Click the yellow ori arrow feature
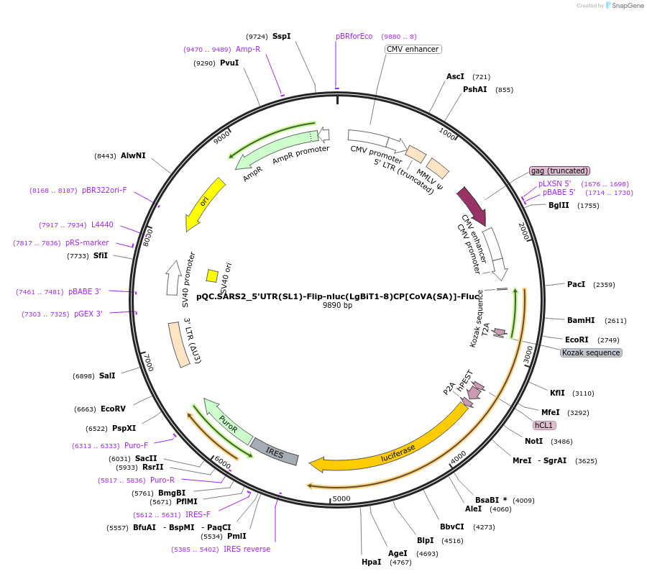(x=204, y=205)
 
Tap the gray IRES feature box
(x=274, y=450)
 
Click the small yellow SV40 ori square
(x=212, y=275)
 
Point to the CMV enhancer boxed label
(x=413, y=50)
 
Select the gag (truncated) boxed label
(x=559, y=170)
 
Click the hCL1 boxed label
(x=543, y=425)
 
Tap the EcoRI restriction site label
(x=577, y=340)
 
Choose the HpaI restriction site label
(x=372, y=562)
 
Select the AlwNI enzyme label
(x=133, y=155)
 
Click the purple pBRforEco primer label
(x=354, y=36)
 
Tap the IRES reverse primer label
(x=247, y=549)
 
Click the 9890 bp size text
(x=337, y=305)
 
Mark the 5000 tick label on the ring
(x=341, y=498)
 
